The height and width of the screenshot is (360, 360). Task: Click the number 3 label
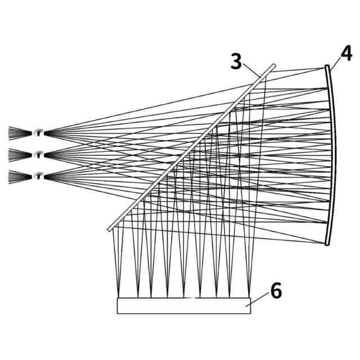pyautogui.click(x=236, y=61)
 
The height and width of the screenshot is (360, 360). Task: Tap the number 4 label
pyautogui.click(x=346, y=55)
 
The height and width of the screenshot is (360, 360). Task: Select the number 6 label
pyautogui.click(x=276, y=291)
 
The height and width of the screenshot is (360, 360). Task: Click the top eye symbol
pyautogui.click(x=38, y=133)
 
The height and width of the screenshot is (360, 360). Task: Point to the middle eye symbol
pyautogui.click(x=38, y=154)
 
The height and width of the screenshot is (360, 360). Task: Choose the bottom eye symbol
pyautogui.click(x=38, y=175)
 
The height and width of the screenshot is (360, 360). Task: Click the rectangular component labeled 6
pyautogui.click(x=183, y=305)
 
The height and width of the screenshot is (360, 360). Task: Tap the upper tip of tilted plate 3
pyautogui.click(x=274, y=65)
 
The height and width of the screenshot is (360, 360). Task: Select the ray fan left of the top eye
pyautogui.click(x=17, y=133)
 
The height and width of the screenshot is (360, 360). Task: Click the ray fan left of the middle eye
pyautogui.click(x=17, y=154)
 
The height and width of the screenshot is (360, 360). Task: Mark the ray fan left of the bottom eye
pyautogui.click(x=17, y=175)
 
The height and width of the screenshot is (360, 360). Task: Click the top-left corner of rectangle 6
pyautogui.click(x=117, y=298)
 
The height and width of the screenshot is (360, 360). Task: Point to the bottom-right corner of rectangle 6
pyautogui.click(x=250, y=313)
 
